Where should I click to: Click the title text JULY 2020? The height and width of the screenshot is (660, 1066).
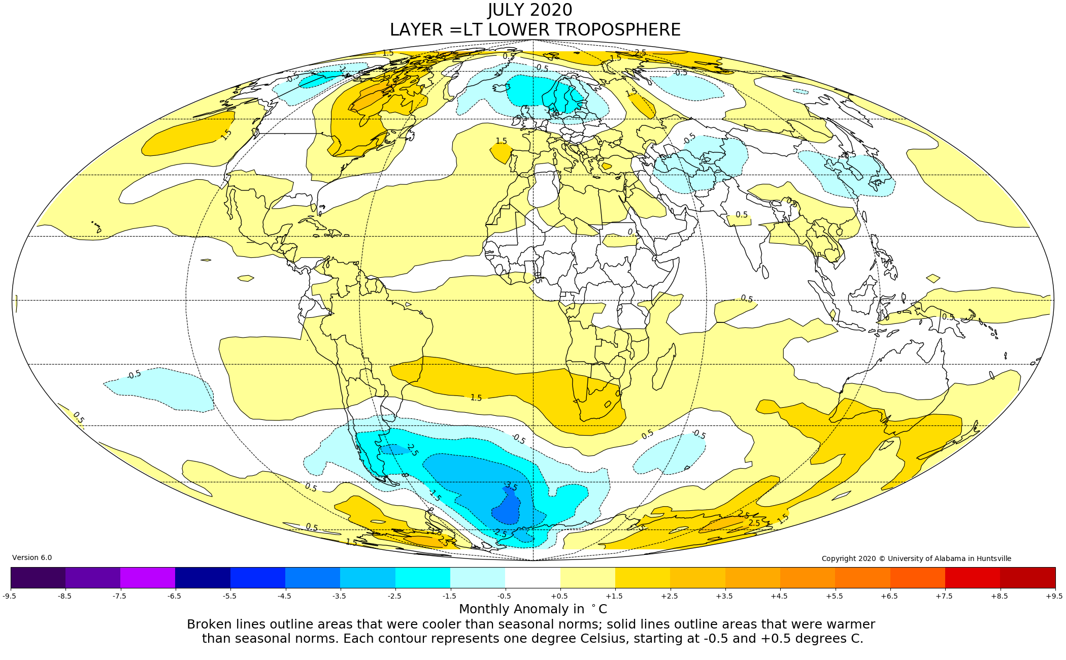pyautogui.click(x=530, y=10)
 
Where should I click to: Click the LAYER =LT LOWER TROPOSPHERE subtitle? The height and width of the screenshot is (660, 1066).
pyautogui.click(x=535, y=30)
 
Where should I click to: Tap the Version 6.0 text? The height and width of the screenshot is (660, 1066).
pyautogui.click(x=32, y=557)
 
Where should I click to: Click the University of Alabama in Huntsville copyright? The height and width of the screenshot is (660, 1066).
pyautogui.click(x=916, y=558)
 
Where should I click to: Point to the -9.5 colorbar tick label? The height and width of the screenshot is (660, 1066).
pyautogui.click(x=10, y=596)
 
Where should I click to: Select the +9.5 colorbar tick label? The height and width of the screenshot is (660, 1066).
pyautogui.click(x=1054, y=596)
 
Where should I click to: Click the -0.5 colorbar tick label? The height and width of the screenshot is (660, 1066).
pyautogui.click(x=504, y=596)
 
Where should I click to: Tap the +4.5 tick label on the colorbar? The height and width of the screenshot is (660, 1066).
pyautogui.click(x=779, y=596)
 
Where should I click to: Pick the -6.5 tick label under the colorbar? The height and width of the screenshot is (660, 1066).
pyautogui.click(x=174, y=596)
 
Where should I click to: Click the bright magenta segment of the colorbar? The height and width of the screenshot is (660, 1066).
pyautogui.click(x=148, y=577)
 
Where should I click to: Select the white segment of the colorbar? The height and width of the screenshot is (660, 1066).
pyautogui.click(x=532, y=577)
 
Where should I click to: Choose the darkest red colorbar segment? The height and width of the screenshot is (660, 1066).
pyautogui.click(x=1027, y=577)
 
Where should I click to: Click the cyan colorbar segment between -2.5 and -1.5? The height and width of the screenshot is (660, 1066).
pyautogui.click(x=422, y=577)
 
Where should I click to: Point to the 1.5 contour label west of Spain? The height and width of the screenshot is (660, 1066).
pyautogui.click(x=501, y=141)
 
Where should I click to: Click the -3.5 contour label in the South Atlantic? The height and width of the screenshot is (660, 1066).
pyautogui.click(x=510, y=486)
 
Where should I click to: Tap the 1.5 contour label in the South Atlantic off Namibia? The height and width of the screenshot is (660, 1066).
pyautogui.click(x=476, y=398)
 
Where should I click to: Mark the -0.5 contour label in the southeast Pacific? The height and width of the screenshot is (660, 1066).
pyautogui.click(x=134, y=375)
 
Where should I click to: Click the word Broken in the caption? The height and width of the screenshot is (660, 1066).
pyautogui.click(x=209, y=624)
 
